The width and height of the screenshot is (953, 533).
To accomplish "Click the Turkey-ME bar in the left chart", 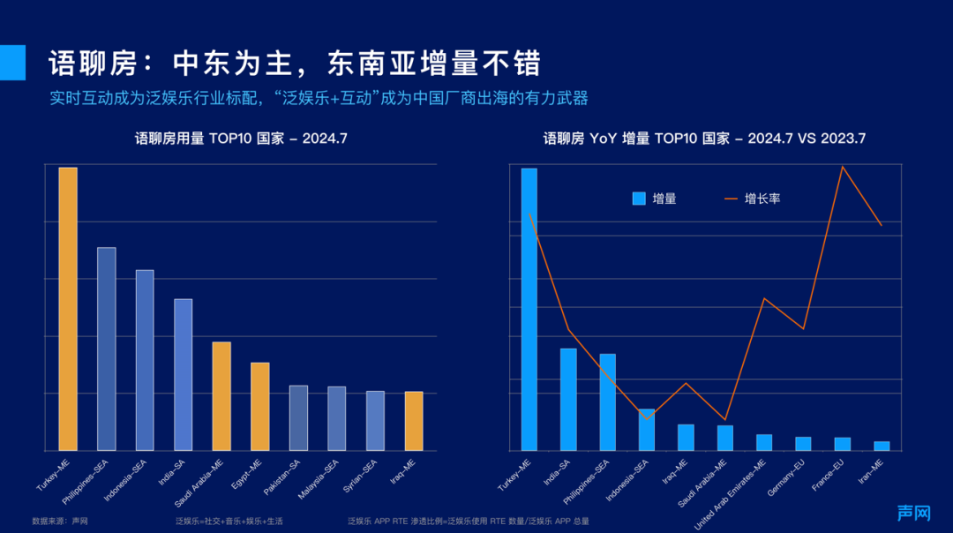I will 68,309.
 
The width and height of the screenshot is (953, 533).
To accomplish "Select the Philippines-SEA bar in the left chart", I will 106,349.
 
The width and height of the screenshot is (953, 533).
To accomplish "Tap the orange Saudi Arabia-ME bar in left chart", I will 221,396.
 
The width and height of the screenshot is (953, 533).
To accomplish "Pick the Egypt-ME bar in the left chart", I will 260,406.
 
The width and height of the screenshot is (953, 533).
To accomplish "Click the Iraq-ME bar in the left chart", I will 414,421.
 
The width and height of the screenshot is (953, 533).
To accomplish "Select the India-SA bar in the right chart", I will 568,399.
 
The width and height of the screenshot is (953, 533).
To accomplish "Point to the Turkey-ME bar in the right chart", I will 529,309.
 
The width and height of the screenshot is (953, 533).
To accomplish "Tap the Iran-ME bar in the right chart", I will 882,446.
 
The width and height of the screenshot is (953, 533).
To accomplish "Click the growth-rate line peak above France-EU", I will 843,167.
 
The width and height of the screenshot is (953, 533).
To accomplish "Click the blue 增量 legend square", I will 639,199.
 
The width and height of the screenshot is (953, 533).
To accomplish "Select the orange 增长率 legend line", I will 732,199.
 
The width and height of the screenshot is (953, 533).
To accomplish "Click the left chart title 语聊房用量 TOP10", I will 241,139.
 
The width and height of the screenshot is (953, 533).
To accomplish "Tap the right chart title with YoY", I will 704,139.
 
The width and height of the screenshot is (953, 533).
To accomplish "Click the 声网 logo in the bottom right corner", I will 914,513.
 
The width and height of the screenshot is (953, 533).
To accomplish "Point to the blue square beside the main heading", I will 12,62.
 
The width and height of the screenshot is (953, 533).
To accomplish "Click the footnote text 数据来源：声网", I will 59,522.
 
